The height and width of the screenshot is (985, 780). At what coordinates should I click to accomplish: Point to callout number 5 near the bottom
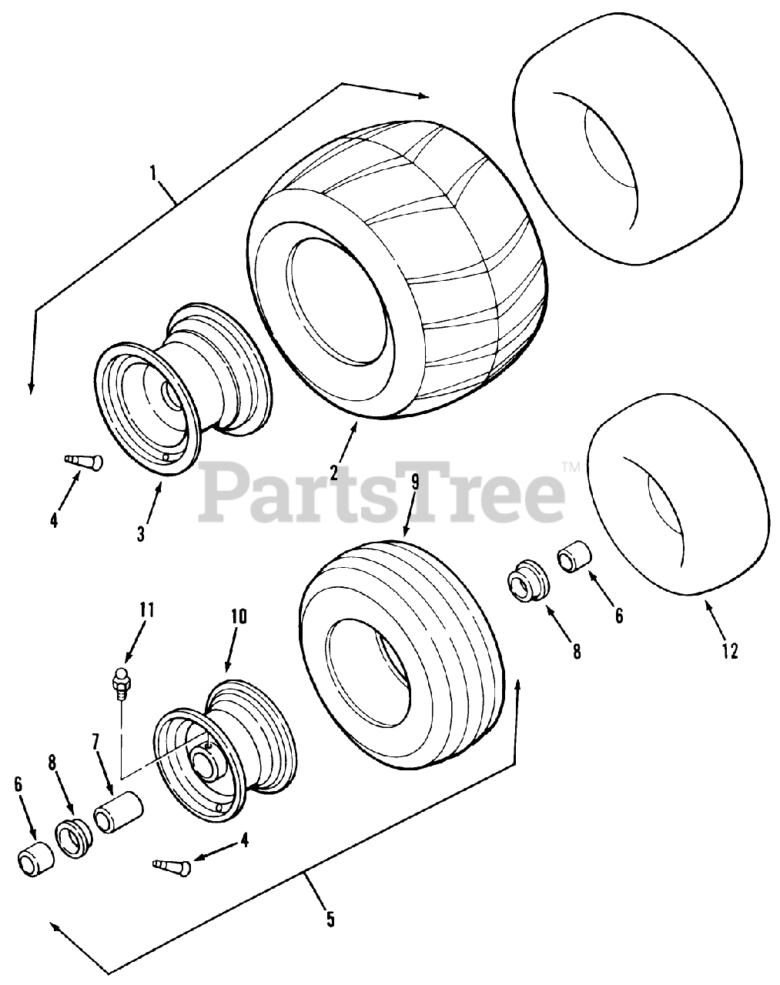330,919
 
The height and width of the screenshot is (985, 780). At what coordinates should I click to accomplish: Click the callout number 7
95,742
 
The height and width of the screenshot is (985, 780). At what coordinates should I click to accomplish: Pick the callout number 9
415,482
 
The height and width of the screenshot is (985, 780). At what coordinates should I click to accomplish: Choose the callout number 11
146,610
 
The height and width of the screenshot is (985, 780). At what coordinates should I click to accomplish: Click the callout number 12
730,651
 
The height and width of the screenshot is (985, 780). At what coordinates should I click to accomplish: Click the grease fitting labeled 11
119,680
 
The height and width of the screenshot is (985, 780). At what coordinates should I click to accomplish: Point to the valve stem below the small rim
174,866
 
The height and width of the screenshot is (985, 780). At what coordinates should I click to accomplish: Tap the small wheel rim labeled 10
222,741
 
